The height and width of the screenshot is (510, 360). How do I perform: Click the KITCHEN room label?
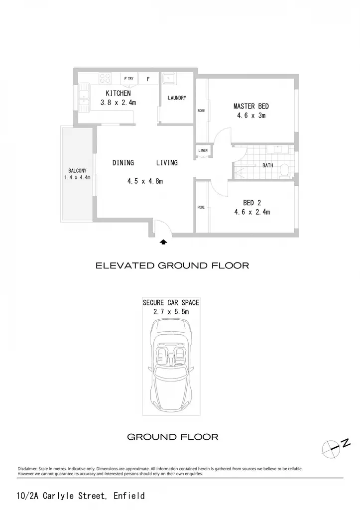pos(118,93)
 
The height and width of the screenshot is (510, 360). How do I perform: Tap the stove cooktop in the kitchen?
pos(105,78)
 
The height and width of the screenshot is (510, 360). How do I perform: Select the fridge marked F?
pos(148,79)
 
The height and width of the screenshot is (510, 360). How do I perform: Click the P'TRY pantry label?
pos(129,79)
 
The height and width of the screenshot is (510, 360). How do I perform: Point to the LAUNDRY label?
pos(177,98)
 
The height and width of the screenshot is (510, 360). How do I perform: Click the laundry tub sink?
pos(169,79)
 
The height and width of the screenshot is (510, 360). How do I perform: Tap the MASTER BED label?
pos(251,106)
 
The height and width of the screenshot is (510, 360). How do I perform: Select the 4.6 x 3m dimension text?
pos(251,116)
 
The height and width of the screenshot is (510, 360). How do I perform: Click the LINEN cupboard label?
pos(203,150)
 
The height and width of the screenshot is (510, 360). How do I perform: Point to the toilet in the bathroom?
pos(285,171)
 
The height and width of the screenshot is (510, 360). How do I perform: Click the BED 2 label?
pos(252,203)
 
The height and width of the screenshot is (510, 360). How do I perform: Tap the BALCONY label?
pos(77,170)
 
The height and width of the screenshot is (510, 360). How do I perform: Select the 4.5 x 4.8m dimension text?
pos(145,181)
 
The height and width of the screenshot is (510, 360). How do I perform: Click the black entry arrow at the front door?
pos(163,242)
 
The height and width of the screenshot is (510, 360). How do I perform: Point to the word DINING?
pos(123,163)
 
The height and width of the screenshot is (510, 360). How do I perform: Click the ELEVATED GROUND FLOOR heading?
pos(172,265)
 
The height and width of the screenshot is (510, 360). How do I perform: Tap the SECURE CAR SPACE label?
pos(171,302)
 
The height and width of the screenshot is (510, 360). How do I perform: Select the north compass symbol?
pos(335,448)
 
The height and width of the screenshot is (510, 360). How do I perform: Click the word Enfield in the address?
pos(129,496)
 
